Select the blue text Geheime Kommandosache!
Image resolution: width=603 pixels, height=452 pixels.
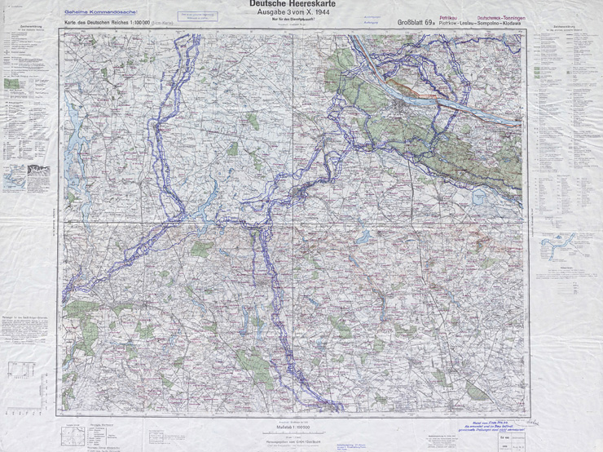point(93,14)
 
